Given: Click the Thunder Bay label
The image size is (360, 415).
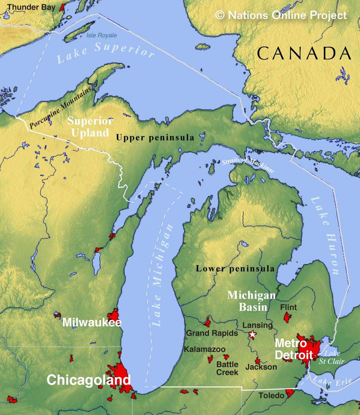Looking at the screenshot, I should click(31, 7).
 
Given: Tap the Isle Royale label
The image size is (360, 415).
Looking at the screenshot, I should click(101, 35).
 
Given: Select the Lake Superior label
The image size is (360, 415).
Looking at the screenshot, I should click(106, 52).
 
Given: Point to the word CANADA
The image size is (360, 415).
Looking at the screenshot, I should click(304, 54).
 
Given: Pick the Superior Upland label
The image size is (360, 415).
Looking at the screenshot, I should click(90, 127).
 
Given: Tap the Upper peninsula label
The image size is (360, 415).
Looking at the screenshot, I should click(155, 138).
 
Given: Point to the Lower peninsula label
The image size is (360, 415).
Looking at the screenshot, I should click(235, 269).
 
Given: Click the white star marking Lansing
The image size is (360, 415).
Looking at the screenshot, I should click(252, 335).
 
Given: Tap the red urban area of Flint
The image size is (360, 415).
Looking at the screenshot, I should click(287, 317).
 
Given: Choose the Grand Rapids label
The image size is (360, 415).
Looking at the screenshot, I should click(212, 333).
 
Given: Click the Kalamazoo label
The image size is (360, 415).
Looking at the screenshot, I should click(205, 349).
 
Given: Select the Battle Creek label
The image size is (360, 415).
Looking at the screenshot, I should click(227, 368).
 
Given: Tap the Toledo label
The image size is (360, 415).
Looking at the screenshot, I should click(271, 395).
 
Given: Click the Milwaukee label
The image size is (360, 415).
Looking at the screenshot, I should click(92, 322).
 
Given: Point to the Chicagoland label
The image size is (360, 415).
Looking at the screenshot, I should click(89, 380).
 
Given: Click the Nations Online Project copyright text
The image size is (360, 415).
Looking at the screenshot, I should click(281, 15).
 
